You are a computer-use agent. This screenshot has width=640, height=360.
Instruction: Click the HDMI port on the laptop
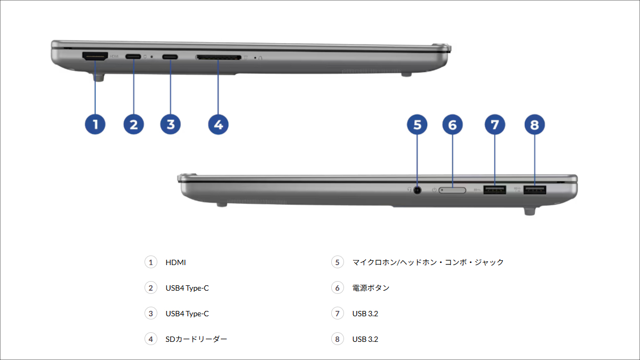coord(95,55)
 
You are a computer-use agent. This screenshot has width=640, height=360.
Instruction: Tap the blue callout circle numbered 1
coord(95,124)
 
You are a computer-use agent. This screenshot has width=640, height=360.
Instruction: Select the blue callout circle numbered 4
coord(218,124)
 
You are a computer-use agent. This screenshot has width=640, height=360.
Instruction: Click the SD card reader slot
coord(218,56)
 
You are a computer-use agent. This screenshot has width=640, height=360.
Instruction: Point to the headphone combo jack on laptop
coord(417,189)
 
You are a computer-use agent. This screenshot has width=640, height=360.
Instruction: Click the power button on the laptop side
coord(452,190)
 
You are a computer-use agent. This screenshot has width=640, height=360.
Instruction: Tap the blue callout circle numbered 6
coord(452,125)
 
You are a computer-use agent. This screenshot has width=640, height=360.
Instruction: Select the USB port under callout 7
coord(494,189)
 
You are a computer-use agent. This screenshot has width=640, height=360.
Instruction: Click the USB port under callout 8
coord(534,189)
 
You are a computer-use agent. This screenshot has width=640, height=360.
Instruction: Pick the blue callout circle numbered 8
coord(534,125)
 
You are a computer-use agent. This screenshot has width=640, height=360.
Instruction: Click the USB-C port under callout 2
coord(133,56)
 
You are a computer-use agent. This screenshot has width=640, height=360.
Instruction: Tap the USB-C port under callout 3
coord(170,56)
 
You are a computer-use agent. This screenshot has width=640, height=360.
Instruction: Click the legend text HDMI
coord(175,262)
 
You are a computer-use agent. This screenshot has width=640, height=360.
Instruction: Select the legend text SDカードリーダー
coord(196,339)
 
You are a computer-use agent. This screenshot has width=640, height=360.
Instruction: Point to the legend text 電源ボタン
coord(371,288)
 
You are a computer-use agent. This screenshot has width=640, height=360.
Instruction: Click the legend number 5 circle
coord(337,262)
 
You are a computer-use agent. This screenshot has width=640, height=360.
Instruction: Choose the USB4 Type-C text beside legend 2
coord(187,288)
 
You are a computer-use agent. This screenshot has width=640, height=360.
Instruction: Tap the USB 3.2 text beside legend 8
coord(365,339)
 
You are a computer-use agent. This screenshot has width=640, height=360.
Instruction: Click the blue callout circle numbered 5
coord(417,125)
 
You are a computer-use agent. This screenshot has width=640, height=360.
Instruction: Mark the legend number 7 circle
coord(337,314)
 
